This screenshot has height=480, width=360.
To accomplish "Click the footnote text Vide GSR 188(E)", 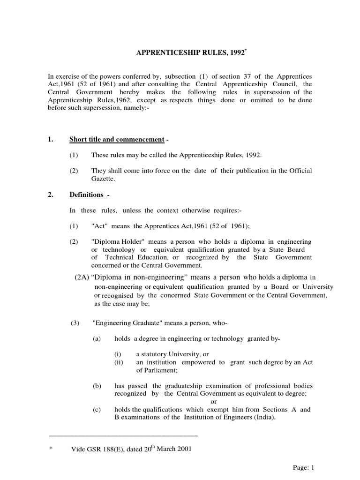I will coord(101,449).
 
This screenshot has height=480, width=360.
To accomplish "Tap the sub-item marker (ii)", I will coord(120,363).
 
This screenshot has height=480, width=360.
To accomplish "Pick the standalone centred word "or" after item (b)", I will coord(213,402).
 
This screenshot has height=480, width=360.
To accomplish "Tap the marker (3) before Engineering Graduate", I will coord(74,323).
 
